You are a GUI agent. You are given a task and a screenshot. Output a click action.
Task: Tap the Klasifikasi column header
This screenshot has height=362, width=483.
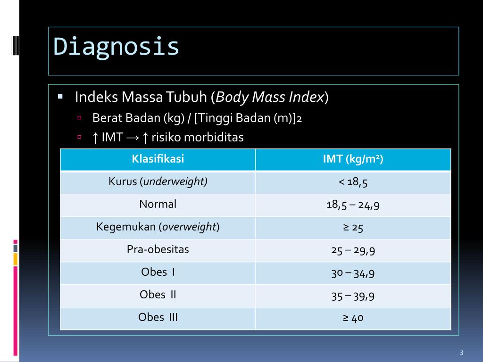(158, 159)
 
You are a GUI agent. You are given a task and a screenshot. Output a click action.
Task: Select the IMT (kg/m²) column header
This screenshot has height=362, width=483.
(353, 159)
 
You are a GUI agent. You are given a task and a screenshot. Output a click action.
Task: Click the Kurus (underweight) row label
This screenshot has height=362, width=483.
(158, 182)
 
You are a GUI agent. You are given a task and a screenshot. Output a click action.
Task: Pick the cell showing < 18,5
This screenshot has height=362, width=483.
(353, 182)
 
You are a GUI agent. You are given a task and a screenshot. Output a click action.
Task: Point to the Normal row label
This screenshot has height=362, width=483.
(158, 205)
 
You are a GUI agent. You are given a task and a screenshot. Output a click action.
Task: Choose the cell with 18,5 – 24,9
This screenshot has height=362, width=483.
(353, 205)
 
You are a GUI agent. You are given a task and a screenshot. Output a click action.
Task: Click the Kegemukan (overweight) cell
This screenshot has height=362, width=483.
(158, 227)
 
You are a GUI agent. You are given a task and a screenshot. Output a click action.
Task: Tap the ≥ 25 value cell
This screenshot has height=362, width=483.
(353, 228)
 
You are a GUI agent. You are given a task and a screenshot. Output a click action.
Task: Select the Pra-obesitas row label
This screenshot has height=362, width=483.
(158, 250)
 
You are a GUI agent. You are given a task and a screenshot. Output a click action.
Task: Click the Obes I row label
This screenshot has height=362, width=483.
(158, 272)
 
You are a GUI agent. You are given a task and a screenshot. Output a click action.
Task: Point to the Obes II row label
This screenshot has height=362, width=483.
(158, 295)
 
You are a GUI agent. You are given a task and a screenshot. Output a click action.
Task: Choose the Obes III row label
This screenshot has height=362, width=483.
(158, 318)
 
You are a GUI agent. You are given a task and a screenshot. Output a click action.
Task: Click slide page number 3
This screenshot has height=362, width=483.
(461, 353)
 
